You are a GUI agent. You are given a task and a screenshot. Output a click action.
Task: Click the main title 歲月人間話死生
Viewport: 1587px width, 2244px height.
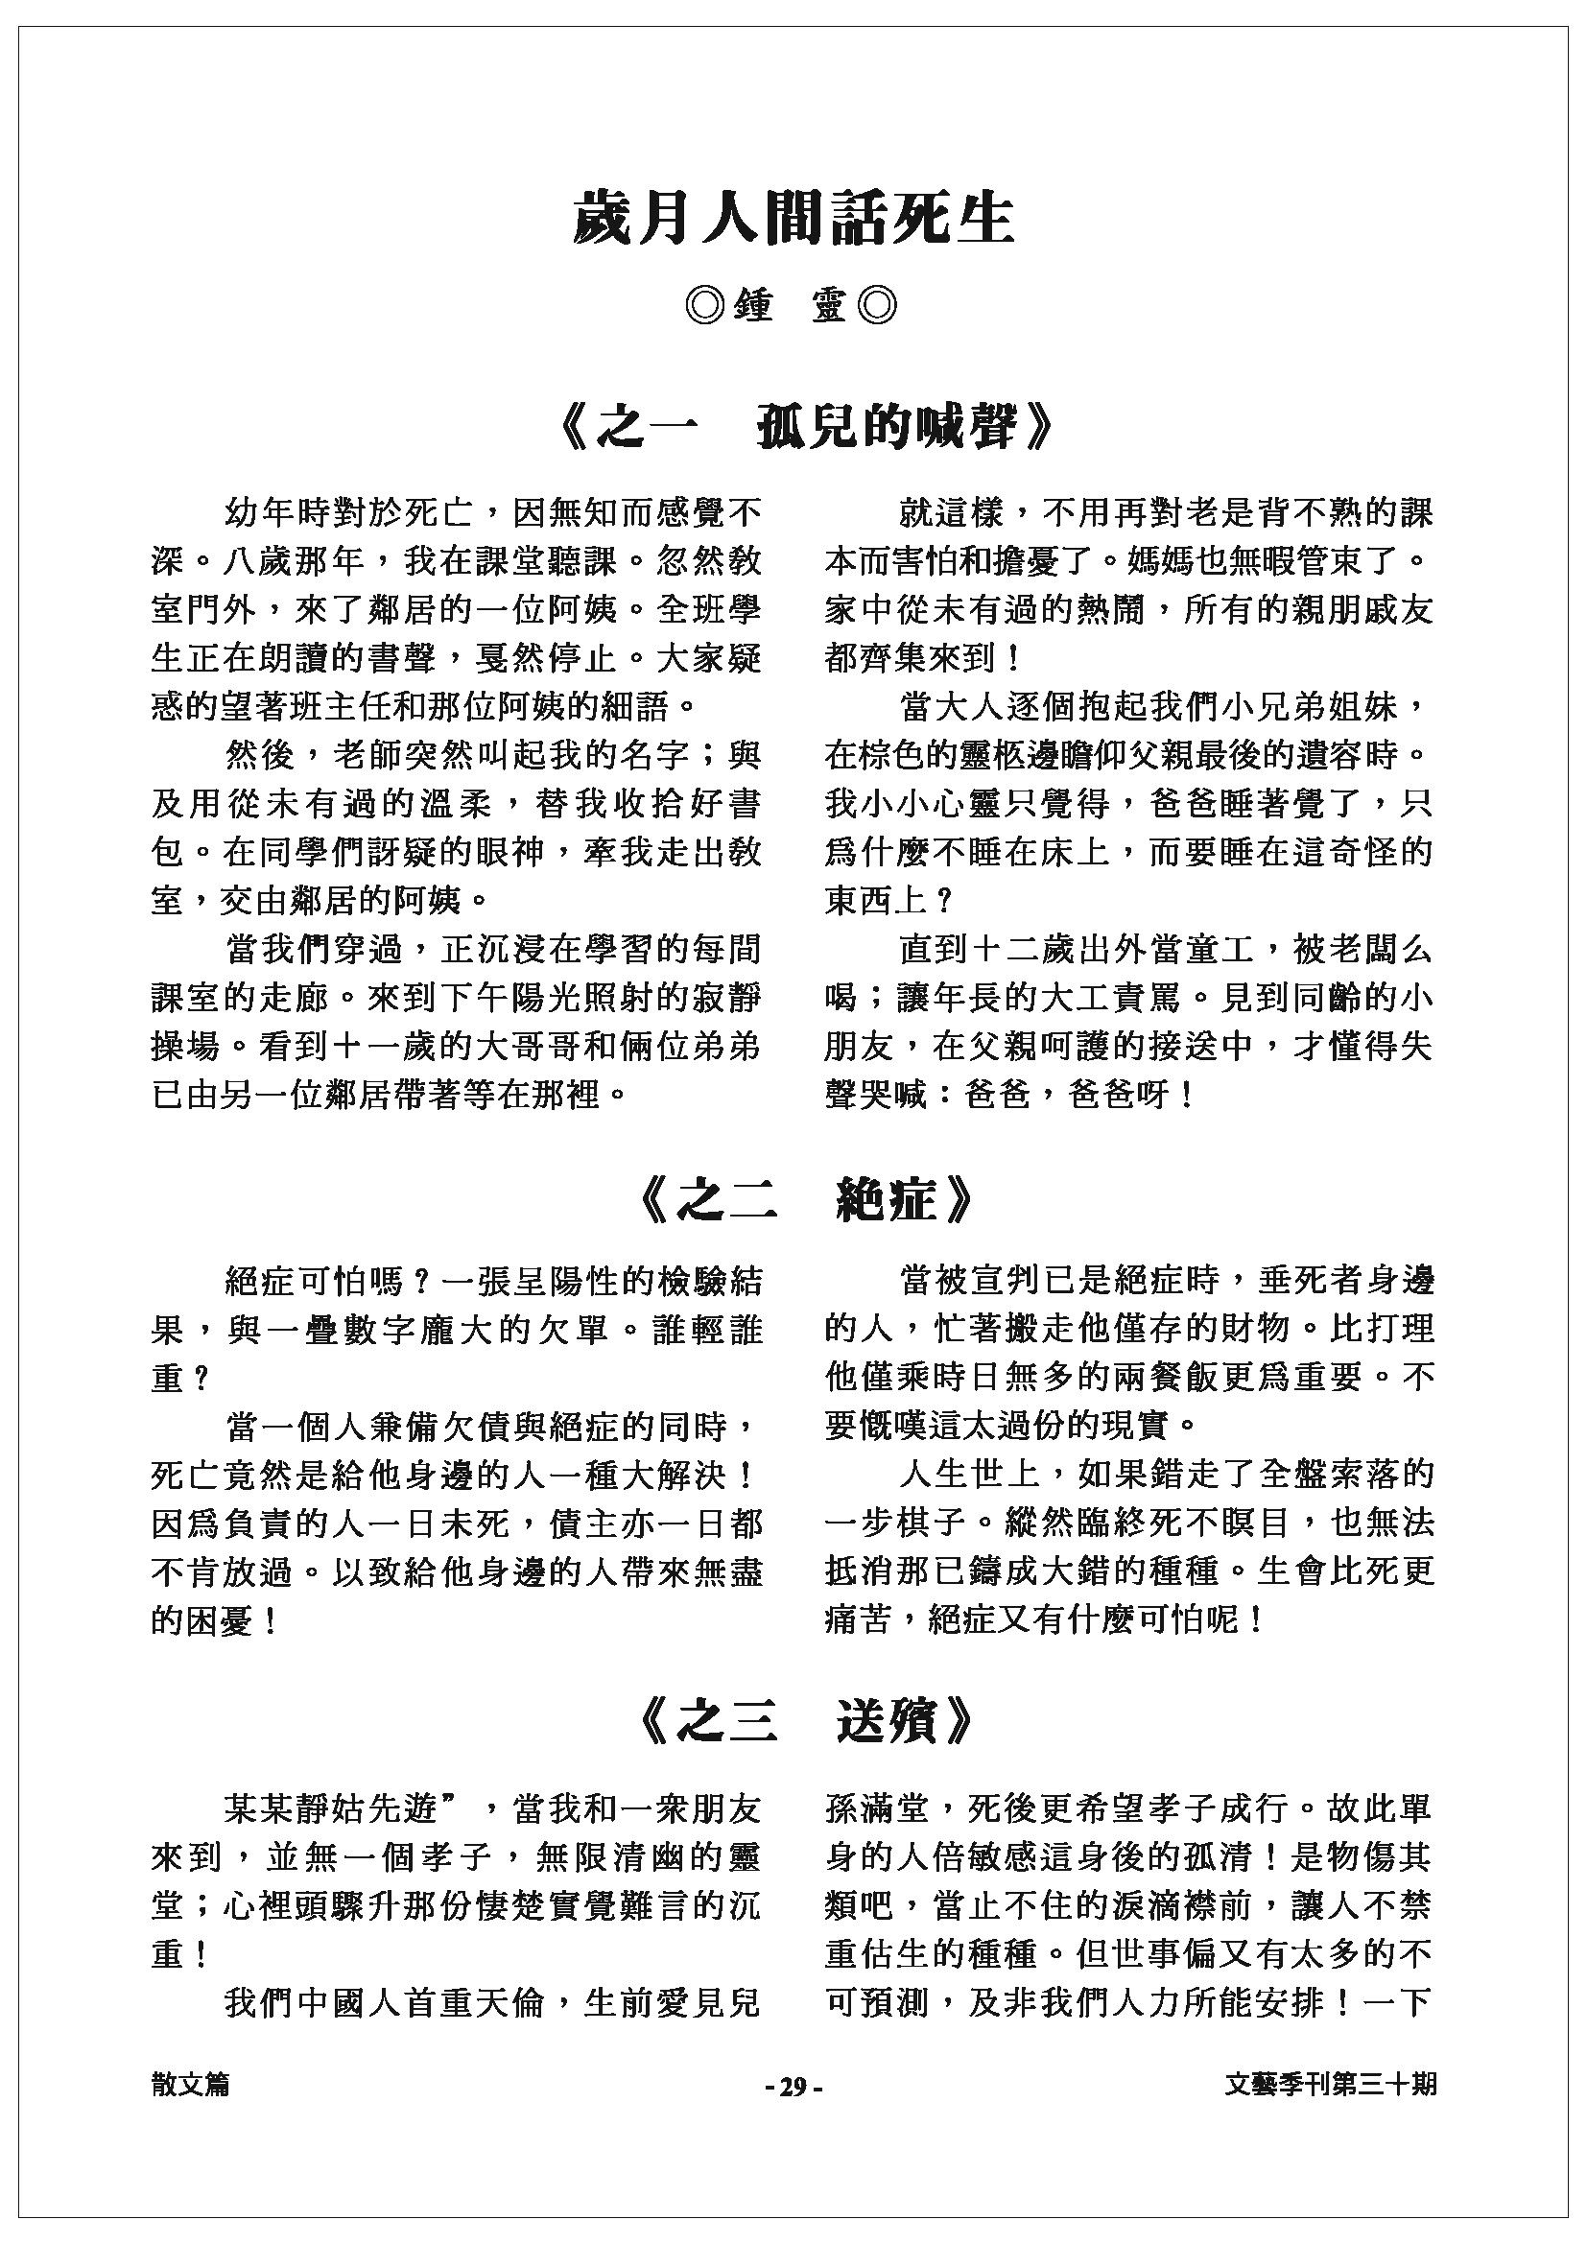pos(793,216)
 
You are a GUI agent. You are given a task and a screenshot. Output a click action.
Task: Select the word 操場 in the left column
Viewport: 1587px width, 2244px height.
pos(186,1046)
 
